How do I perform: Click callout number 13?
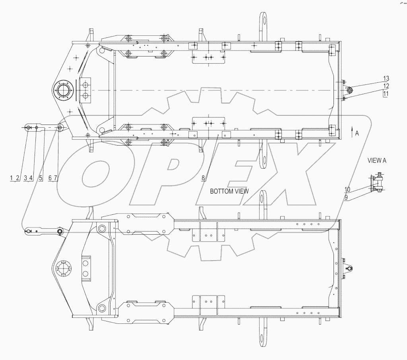[386, 78]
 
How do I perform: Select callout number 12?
[386, 86]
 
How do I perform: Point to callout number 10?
[347, 189]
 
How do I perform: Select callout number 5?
[41, 179]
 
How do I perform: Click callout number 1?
[12, 179]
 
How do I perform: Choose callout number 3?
[25, 179]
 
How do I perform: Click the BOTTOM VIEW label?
[229, 191]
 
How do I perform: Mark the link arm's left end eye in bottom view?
[27, 230]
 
